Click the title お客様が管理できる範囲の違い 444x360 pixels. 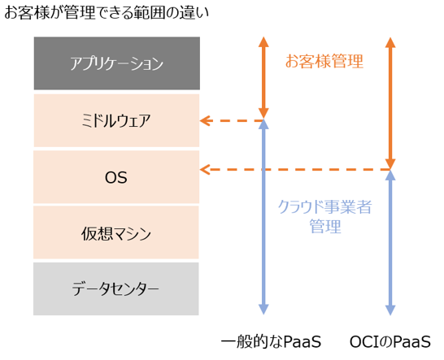107,13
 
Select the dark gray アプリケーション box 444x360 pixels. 116,63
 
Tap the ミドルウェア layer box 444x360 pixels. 116,120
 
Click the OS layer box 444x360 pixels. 116,176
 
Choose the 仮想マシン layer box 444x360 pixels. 116,232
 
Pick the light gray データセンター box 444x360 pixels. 116,288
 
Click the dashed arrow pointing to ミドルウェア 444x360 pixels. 232,121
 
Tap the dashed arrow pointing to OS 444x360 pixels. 293,170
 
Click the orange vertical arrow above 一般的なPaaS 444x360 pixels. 263,78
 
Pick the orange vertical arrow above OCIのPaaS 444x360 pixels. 391,102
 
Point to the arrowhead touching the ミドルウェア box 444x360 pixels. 205,121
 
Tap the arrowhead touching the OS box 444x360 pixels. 205,170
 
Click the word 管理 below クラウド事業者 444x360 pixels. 324,228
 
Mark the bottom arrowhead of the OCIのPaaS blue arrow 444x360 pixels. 391,310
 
